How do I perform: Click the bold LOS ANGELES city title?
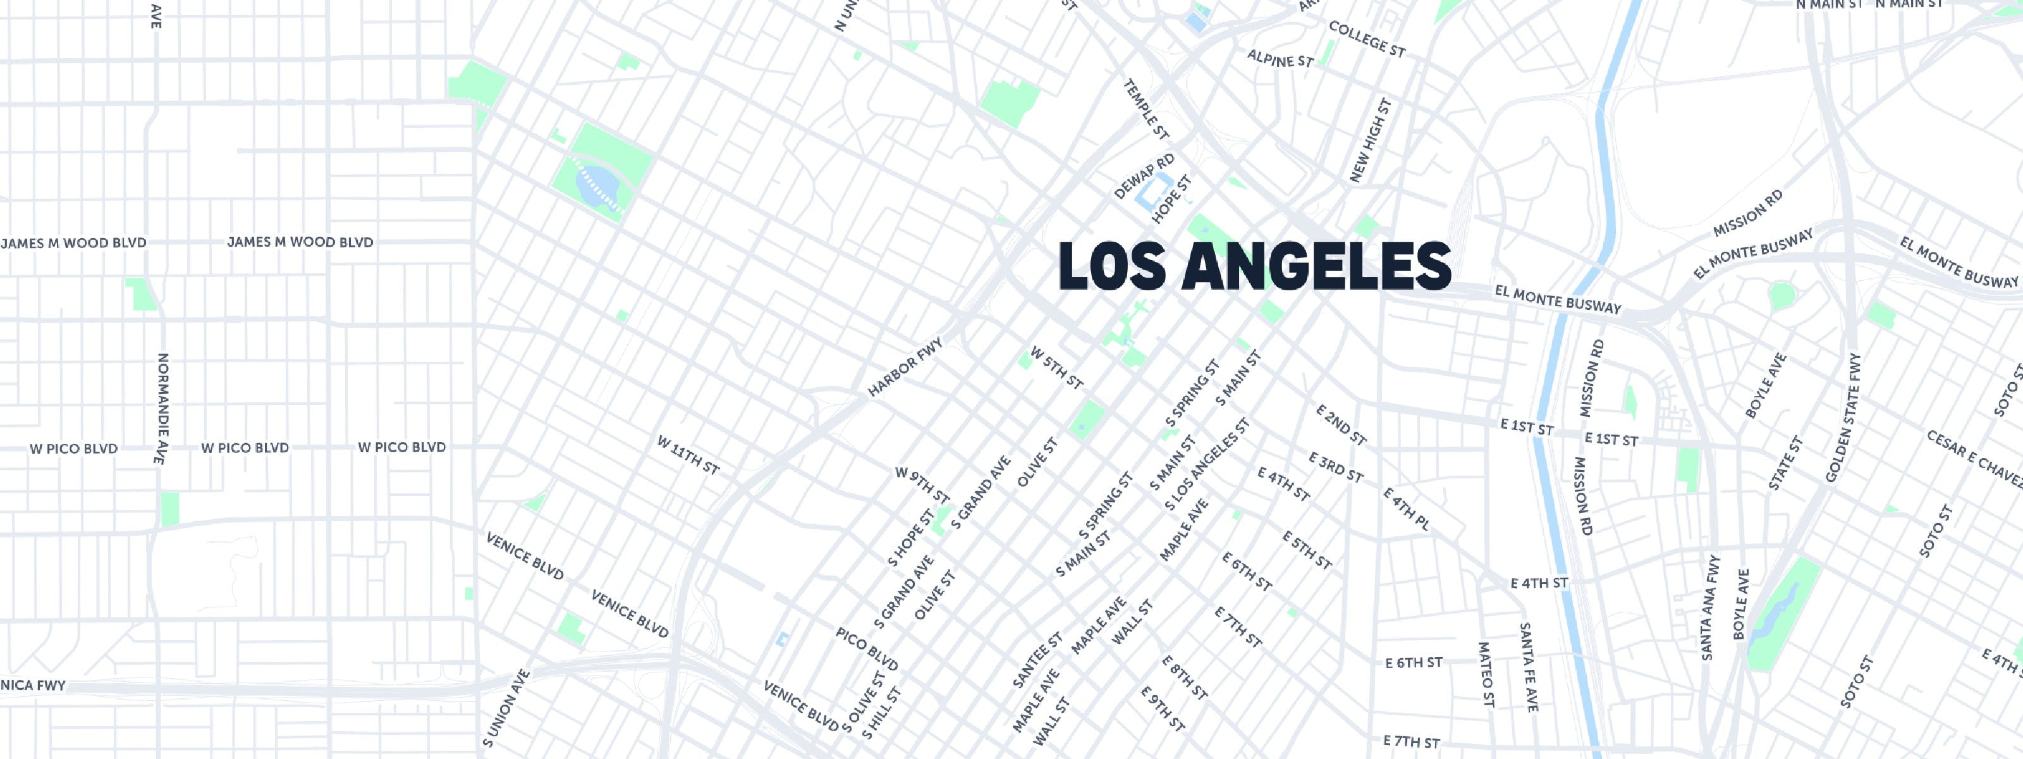coord(1254,266)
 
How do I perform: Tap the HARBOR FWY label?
coord(905,367)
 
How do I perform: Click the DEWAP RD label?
coord(1144,176)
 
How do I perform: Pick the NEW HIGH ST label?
coord(1371,140)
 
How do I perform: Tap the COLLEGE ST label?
coord(1366,39)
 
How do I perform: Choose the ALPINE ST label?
coord(1280,59)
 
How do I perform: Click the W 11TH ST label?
coord(688,455)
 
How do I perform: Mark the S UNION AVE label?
coord(506,708)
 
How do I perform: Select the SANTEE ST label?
coord(1037,660)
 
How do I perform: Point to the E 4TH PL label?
coord(1406,509)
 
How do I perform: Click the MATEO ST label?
coord(1485,674)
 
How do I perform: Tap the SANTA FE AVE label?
coord(1527,667)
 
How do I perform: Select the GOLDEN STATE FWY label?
coord(1843,418)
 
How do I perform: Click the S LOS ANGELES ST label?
coord(1206,464)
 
